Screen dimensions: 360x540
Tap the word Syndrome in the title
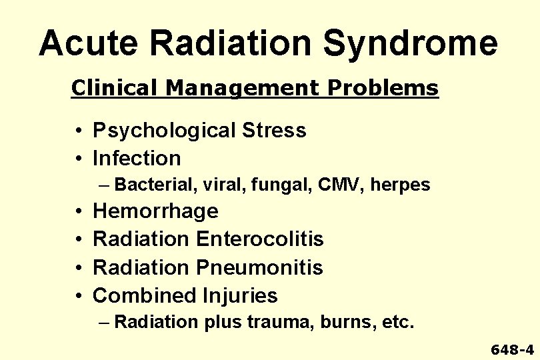point(411,44)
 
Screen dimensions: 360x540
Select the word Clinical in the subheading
point(109,88)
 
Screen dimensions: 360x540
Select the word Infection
point(137,158)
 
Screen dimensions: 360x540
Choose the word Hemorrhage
point(155,211)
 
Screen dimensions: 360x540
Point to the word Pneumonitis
point(259,267)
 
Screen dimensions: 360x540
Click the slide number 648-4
point(512,349)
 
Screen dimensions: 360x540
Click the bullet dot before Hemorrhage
point(79,212)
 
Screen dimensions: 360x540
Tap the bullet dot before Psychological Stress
point(79,131)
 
